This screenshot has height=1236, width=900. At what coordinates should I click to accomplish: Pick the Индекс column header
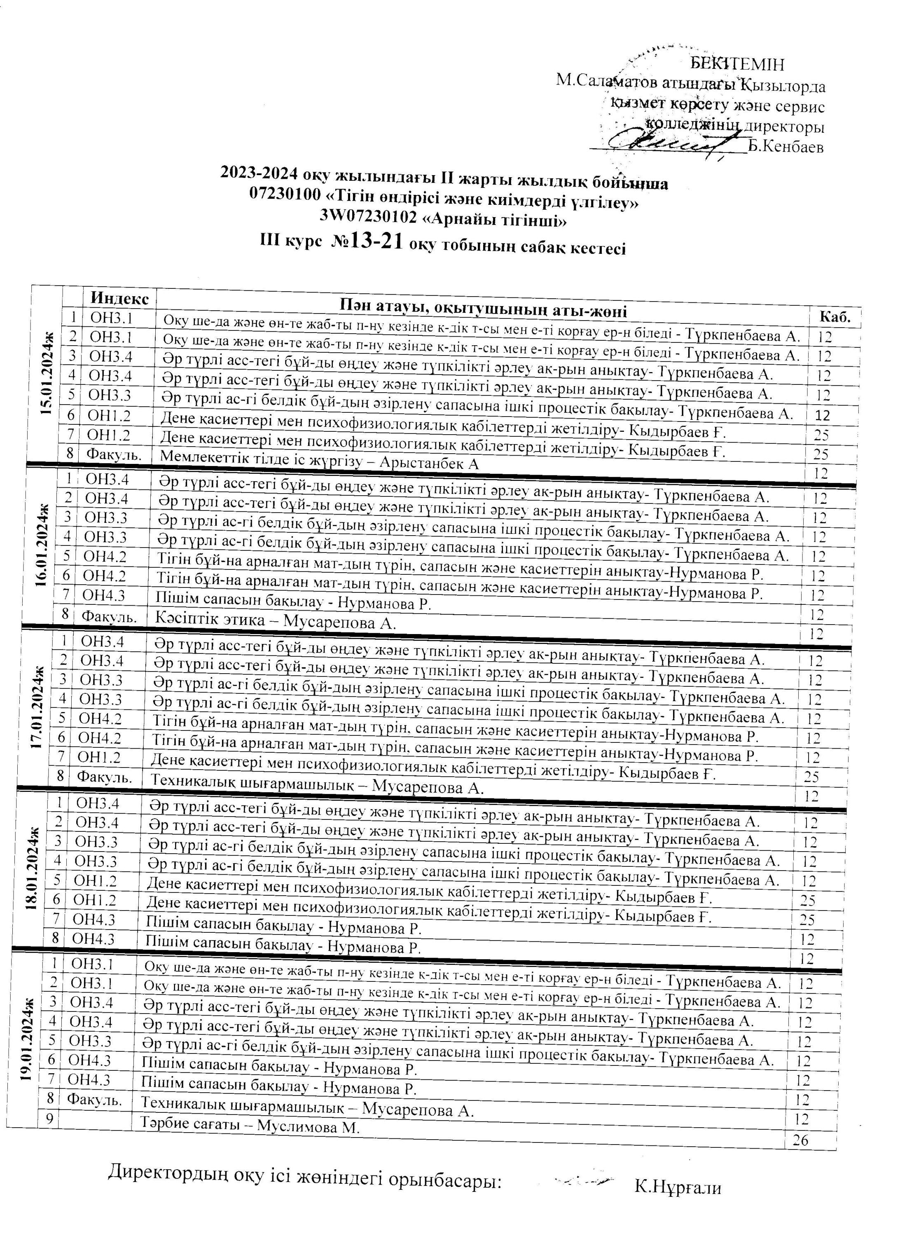click(119, 299)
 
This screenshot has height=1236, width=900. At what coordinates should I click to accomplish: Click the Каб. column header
click(835, 318)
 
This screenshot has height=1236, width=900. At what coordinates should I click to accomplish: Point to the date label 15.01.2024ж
click(48, 376)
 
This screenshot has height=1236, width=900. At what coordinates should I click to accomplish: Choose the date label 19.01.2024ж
click(27, 1038)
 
